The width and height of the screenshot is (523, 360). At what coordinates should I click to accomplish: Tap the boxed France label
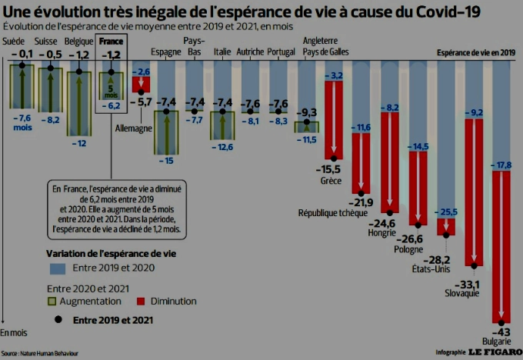pyautogui.click(x=110, y=41)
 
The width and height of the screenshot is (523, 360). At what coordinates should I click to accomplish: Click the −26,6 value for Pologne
pyautogui.click(x=412, y=238)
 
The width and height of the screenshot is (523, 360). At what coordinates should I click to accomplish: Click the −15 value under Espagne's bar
pyautogui.click(x=165, y=160)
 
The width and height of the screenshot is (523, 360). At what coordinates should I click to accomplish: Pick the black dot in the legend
pyautogui.click(x=56, y=318)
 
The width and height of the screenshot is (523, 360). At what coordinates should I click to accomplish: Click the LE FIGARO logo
pyautogui.click(x=494, y=352)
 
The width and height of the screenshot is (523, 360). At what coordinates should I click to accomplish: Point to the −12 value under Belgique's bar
pyautogui.click(x=78, y=143)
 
